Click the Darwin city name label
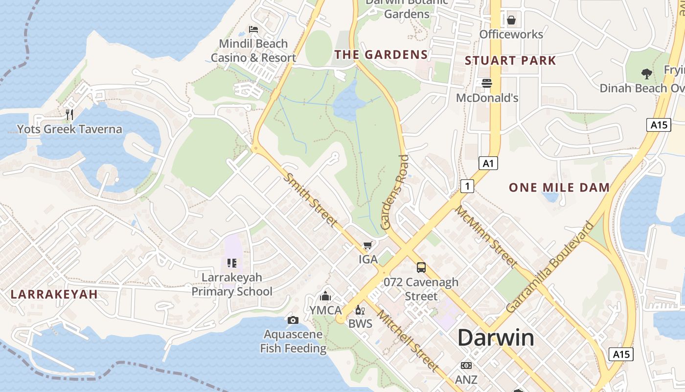point(496,338)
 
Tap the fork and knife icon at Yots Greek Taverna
point(69,115)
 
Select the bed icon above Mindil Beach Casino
point(253,29)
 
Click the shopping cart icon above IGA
point(368,245)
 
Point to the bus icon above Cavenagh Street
point(421,268)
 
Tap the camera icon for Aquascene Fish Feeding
point(293,320)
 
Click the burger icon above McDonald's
point(487,83)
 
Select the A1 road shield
point(488,163)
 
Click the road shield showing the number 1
point(467,186)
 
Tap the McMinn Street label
point(486,237)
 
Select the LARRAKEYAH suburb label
point(54,294)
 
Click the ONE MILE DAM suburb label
point(559,187)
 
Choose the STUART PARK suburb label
point(510,61)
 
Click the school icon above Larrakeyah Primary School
point(232,263)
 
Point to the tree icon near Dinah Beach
point(646,74)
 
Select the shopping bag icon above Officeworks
point(511,20)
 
